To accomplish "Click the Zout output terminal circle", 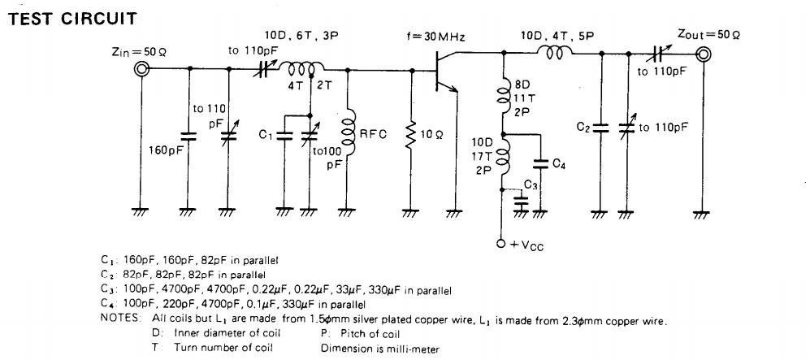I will pyautogui.click(x=703, y=55).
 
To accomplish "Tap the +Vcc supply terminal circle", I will pyautogui.click(x=501, y=243).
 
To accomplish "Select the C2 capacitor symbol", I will pyautogui.click(x=600, y=128).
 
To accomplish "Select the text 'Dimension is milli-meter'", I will pyautogui.click(x=380, y=348).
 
